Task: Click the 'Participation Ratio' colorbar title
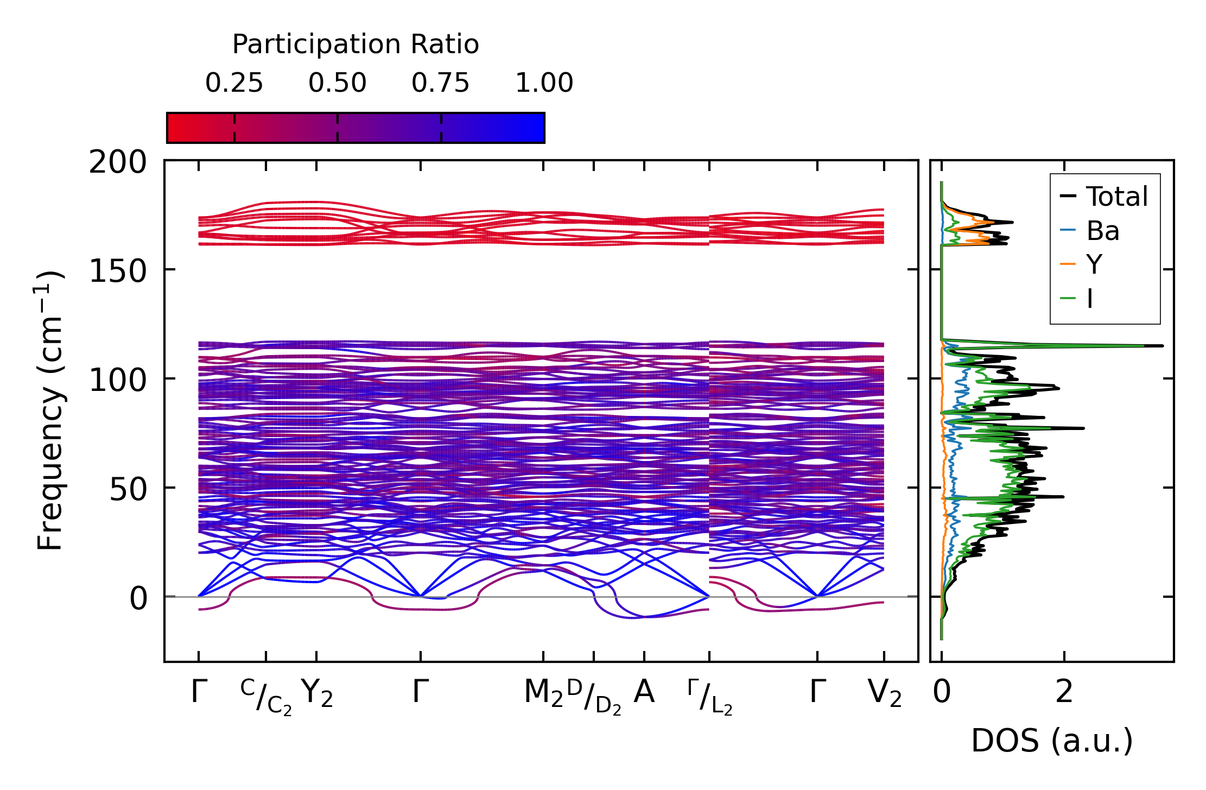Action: pos(356,45)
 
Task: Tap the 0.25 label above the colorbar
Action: pos(234,83)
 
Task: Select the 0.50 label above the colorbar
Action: pos(338,83)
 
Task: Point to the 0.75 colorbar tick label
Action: pos(440,83)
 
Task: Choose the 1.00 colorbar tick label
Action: pos(544,83)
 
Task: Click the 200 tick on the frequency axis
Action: pos(118,162)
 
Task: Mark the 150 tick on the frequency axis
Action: pos(118,271)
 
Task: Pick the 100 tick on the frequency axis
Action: pos(118,380)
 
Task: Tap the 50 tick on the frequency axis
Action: pos(128,489)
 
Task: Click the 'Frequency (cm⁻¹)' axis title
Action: pos(50,410)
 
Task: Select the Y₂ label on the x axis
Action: pos(317,693)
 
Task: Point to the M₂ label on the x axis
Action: pos(543,693)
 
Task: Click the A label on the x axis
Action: pos(644,692)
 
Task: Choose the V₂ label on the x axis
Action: pos(885,693)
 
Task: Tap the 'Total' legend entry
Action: pos(1116,197)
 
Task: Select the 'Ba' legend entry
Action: pos(1102,231)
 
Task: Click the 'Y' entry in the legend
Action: pos(1094,265)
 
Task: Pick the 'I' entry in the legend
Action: pos(1090,299)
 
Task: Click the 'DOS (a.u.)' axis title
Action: pos(1052,741)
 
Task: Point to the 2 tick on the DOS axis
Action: pos(1064,692)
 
